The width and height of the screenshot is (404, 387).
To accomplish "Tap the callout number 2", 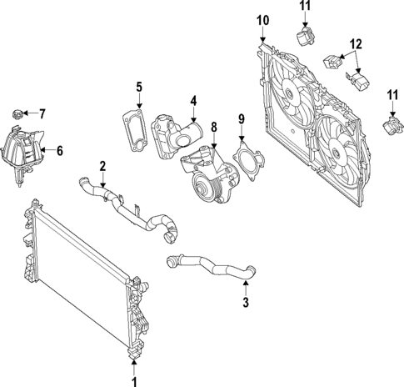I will (x=102, y=164).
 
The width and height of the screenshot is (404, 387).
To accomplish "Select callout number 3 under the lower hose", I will (x=246, y=301).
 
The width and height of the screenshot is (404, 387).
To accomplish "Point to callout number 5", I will (x=139, y=86).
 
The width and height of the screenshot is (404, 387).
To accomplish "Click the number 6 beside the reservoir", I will (x=59, y=151).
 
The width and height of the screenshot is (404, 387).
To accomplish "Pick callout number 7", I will (x=43, y=113).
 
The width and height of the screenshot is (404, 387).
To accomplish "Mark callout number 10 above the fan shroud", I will (x=262, y=19).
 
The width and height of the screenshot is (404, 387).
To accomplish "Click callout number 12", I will (x=356, y=43).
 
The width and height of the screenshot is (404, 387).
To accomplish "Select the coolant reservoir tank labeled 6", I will (x=22, y=150).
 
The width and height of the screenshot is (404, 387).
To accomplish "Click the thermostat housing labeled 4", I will (x=177, y=133).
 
